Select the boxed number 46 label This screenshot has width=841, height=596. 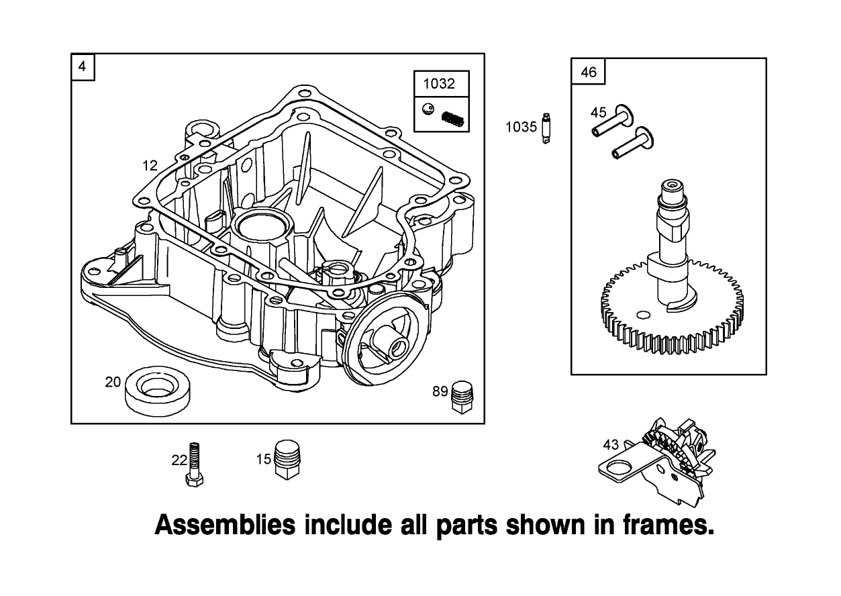(x=588, y=72)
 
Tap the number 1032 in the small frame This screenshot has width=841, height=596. (x=439, y=84)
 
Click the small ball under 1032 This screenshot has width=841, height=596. (x=427, y=107)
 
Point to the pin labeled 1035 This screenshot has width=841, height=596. (x=546, y=128)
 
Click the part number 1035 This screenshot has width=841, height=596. (x=521, y=127)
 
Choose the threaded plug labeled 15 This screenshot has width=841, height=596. (x=289, y=460)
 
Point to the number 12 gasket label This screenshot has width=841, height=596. (x=150, y=165)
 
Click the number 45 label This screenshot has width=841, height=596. (x=598, y=112)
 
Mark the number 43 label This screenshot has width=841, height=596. (x=611, y=444)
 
